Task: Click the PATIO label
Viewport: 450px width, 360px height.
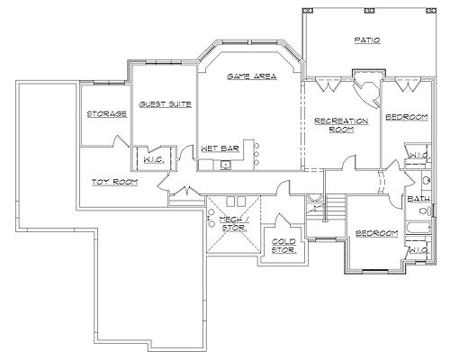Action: tap(367, 40)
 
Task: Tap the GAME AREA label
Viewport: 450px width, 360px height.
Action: tap(252, 76)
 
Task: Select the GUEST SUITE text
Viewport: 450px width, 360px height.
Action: tap(166, 104)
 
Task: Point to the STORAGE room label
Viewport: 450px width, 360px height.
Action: tap(106, 114)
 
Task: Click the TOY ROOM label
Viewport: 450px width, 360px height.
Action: tap(114, 182)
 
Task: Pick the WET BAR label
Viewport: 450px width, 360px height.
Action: tap(220, 148)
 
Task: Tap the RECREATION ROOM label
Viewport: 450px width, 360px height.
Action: tap(341, 125)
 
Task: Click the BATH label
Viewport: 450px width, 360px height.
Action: tap(418, 199)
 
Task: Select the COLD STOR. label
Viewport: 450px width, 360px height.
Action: tap(283, 246)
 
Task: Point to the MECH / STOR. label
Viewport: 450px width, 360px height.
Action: tap(234, 223)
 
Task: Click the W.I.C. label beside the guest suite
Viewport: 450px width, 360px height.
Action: tap(154, 160)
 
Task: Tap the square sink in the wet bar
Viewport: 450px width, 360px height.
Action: tap(224, 165)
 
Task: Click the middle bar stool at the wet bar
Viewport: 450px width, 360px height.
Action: tap(256, 154)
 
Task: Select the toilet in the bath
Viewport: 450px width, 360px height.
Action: tap(425, 211)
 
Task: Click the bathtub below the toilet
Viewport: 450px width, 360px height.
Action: tap(418, 229)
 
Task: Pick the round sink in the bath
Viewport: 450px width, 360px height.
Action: tap(426, 181)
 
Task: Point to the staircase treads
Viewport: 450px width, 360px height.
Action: tap(335, 208)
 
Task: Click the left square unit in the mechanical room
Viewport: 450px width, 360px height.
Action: tap(230, 202)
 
